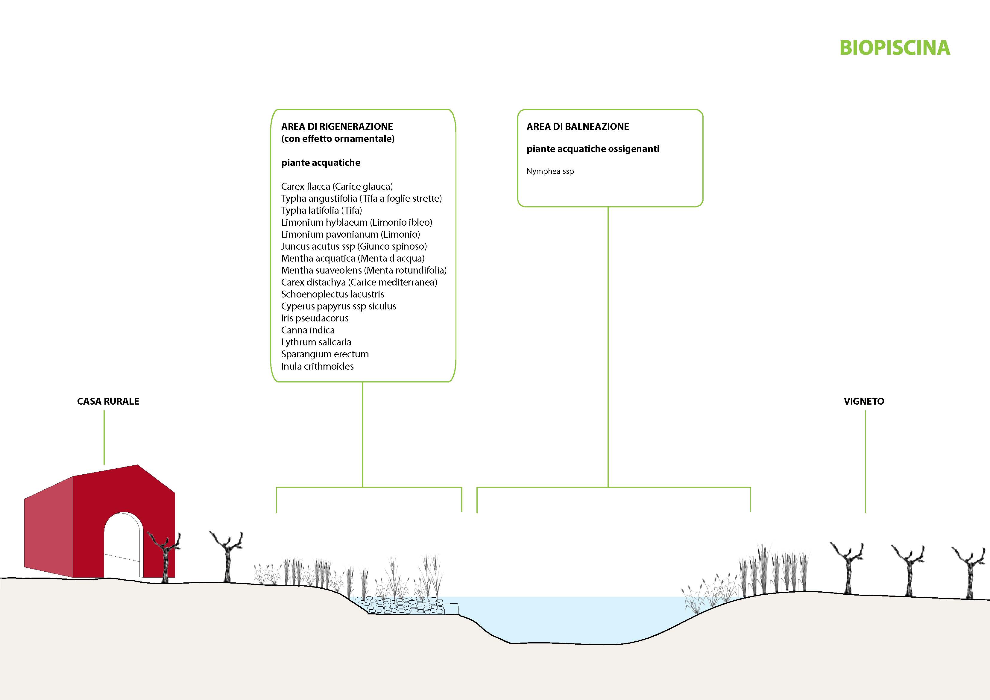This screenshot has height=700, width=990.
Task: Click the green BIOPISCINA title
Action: pos(895,48)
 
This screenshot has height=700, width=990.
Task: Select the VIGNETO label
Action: pos(864,401)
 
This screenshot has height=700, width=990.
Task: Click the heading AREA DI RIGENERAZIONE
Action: pos(337,126)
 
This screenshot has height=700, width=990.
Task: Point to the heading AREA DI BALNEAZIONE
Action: pos(578,126)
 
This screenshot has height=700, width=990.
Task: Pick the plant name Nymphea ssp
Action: pos(550,171)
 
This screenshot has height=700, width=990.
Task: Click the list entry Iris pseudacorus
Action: pos(315,318)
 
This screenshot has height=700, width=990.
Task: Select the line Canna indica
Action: pos(308,330)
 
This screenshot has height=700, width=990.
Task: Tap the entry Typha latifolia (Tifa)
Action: pos(322,210)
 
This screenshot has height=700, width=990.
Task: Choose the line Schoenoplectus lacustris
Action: pos(332,294)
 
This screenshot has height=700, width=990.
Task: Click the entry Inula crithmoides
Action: pos(317,366)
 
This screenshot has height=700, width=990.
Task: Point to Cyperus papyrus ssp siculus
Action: pos(338,306)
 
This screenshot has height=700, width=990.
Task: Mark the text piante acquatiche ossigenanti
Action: pos(593,149)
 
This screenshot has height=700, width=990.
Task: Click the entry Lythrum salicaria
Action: pos(316,342)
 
